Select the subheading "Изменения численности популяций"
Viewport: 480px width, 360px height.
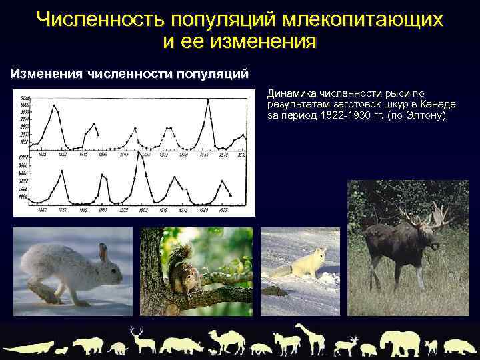[x=129, y=73]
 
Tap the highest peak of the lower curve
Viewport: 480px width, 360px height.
[x=139, y=153]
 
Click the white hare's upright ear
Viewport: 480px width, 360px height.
[x=103, y=252]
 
